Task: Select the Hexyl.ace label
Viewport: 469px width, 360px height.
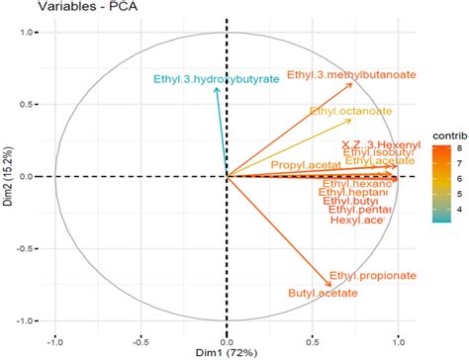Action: click(x=357, y=220)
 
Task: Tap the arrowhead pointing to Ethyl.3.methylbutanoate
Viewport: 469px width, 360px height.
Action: click(x=353, y=84)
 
